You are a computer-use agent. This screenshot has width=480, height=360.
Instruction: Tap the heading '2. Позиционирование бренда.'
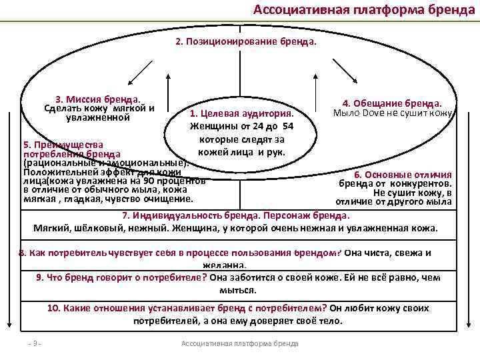coord(245,41)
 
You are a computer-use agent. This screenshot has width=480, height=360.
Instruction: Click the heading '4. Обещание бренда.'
coord(392,103)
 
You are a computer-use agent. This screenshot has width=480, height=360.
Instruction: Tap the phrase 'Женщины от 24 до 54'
coord(241,127)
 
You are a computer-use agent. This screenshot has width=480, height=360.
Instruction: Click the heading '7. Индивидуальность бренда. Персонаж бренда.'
coord(236,216)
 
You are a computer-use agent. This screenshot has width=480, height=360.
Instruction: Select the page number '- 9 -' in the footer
coord(33,343)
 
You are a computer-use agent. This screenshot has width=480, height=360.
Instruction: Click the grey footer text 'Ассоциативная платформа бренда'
coord(240,343)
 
